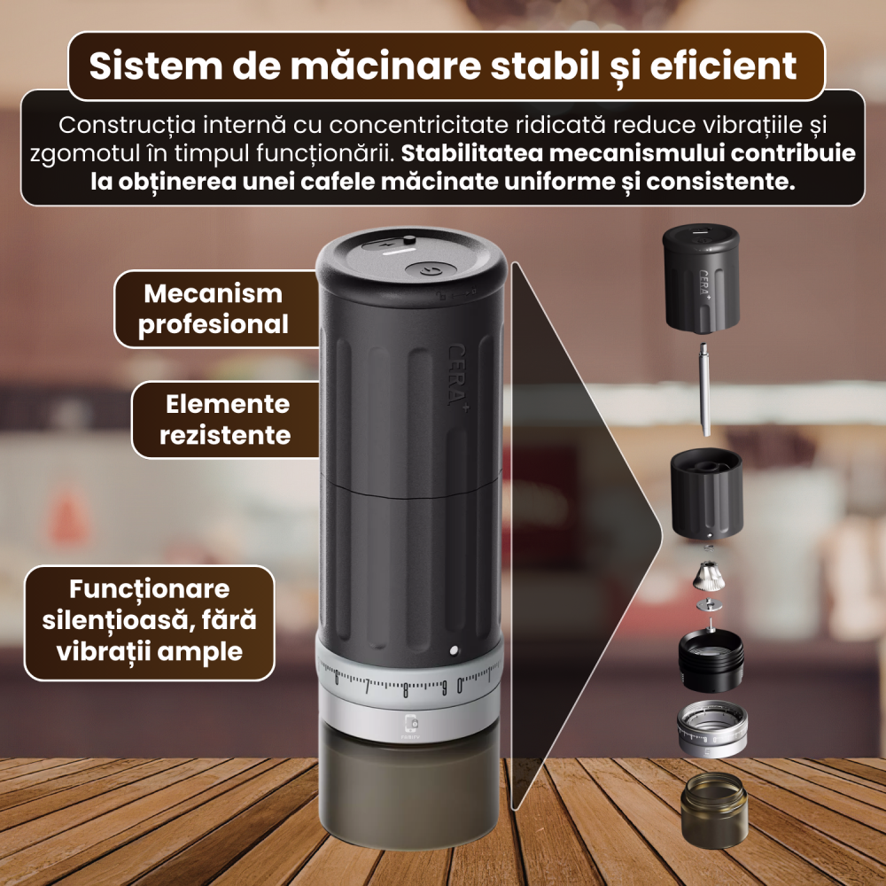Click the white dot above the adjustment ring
[x=455, y=650]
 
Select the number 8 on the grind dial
[x=406, y=690]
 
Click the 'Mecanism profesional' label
[x=213, y=308]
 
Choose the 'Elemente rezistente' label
[x=228, y=420]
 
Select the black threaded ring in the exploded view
[x=711, y=660]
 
